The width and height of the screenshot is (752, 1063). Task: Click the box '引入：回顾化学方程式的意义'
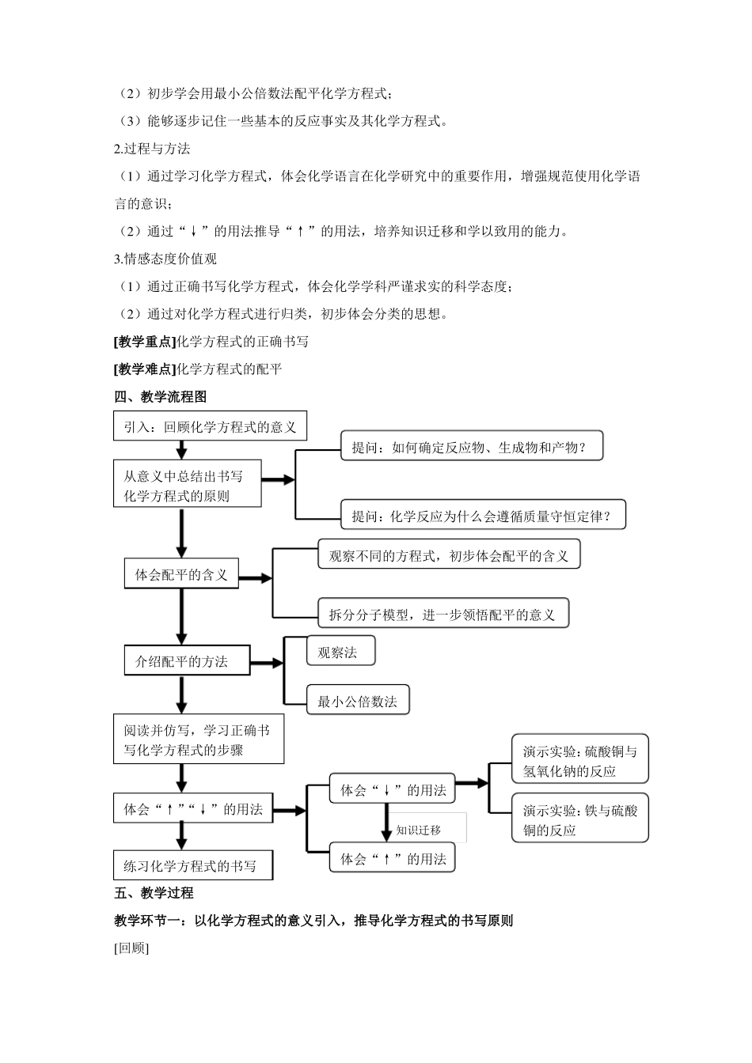210,427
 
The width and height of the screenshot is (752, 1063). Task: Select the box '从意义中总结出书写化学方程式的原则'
188,486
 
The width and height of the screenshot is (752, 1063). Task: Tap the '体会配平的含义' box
181,575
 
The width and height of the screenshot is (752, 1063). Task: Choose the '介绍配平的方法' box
187,660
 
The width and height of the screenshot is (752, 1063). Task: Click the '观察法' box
340,652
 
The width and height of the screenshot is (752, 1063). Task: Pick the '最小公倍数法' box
358,701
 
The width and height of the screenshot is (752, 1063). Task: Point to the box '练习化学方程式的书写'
192,865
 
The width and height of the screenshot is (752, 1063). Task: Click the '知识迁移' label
420,830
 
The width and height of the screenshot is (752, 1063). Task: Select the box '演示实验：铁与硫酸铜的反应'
580,819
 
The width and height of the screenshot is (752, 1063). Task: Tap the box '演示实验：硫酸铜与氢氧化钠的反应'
580,760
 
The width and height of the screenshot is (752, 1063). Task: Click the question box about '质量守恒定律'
482,516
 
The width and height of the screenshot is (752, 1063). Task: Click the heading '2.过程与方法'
153,149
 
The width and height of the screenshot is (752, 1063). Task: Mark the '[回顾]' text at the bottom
131,948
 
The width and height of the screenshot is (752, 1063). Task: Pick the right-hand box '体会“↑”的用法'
393,859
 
